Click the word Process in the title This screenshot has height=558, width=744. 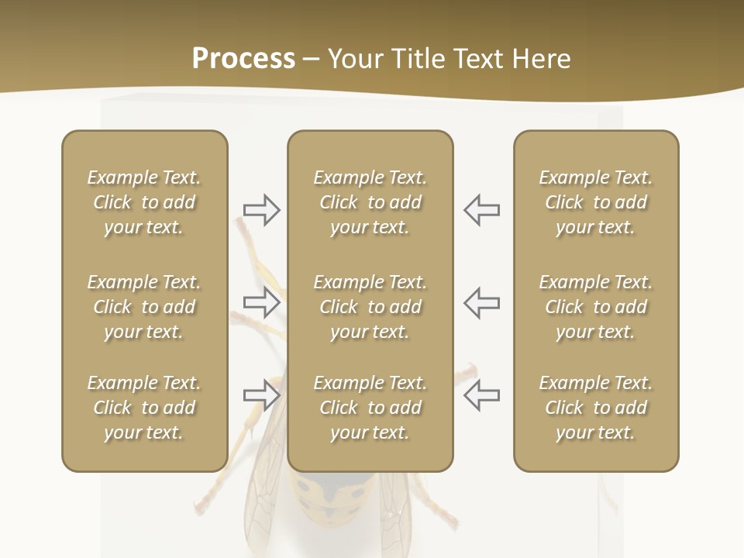(x=243, y=59)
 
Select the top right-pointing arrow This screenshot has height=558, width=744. (x=261, y=210)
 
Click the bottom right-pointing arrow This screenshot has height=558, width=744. (x=261, y=395)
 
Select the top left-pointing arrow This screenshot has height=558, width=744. (x=482, y=210)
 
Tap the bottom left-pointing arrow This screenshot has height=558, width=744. (x=482, y=395)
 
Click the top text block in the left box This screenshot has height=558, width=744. (x=144, y=202)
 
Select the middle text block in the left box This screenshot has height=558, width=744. (x=144, y=307)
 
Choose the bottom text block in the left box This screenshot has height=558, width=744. (x=144, y=408)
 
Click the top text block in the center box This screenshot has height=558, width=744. (x=370, y=202)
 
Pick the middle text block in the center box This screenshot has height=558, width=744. (x=370, y=307)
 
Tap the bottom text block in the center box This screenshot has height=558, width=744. (x=370, y=408)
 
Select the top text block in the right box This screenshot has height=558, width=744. (x=596, y=202)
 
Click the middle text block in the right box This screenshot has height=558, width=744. (x=596, y=307)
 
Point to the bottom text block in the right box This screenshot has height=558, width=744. (x=596, y=408)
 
